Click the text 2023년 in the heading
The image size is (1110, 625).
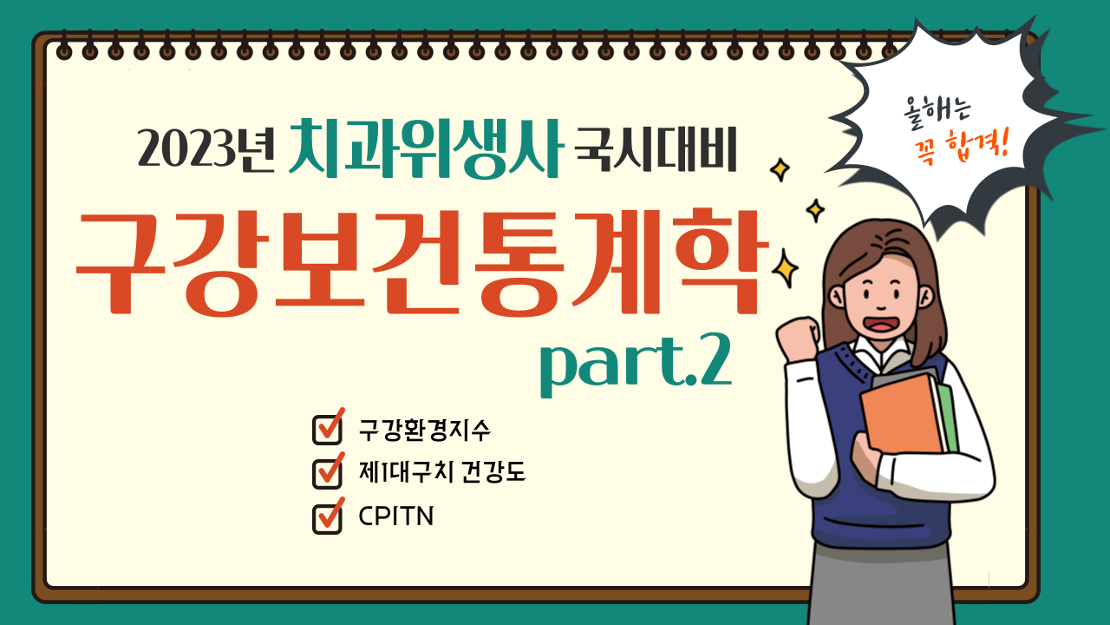[x=206, y=148]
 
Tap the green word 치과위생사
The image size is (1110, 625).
[x=426, y=148]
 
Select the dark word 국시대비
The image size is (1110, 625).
[x=656, y=149]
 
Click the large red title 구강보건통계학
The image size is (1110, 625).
[x=422, y=263]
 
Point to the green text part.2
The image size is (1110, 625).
[x=636, y=365]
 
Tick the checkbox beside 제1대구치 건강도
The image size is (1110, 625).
[x=328, y=470]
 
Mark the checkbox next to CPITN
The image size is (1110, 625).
[x=328, y=516]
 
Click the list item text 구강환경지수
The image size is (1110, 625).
[x=425, y=430]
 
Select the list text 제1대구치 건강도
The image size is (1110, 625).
[x=442, y=471]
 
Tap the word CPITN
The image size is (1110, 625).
[x=396, y=516]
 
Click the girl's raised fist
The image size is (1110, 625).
[x=797, y=338]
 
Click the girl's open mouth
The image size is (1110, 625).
[x=880, y=324]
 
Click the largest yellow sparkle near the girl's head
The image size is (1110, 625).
[x=785, y=268]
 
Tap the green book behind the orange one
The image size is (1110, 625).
[x=948, y=417]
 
